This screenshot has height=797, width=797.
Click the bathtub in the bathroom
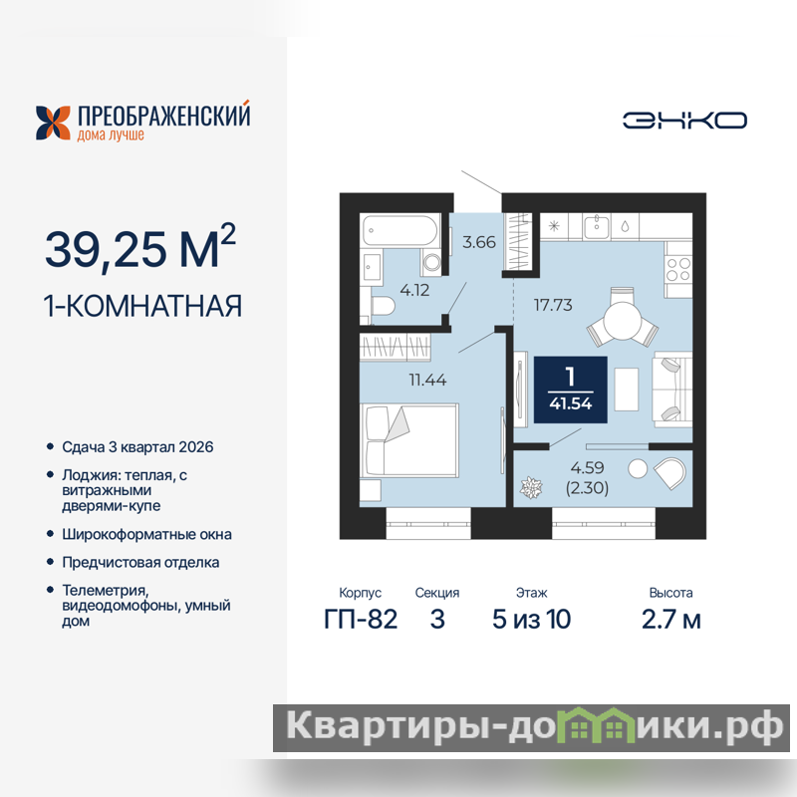(400, 231)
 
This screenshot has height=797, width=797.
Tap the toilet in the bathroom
(384, 307)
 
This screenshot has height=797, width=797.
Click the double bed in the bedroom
(409, 440)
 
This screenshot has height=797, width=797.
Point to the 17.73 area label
(553, 305)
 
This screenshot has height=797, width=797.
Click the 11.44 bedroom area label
(427, 380)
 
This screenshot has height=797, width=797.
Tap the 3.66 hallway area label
(479, 242)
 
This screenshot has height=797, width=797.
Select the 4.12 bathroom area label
(414, 290)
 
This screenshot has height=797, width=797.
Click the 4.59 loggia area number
(587, 467)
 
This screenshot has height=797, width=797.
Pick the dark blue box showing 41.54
(570, 390)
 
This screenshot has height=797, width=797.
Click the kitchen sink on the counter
(596, 227)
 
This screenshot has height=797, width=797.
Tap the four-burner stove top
(678, 269)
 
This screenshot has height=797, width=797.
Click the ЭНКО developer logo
(684, 121)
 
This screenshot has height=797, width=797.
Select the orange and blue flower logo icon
(53, 123)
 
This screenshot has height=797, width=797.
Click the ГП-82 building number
(361, 619)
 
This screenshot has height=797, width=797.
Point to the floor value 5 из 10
(531, 619)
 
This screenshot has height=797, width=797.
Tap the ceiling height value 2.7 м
(670, 619)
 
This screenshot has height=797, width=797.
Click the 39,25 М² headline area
(140, 246)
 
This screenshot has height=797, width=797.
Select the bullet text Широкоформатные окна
(146, 534)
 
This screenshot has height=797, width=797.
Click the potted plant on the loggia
(531, 488)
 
